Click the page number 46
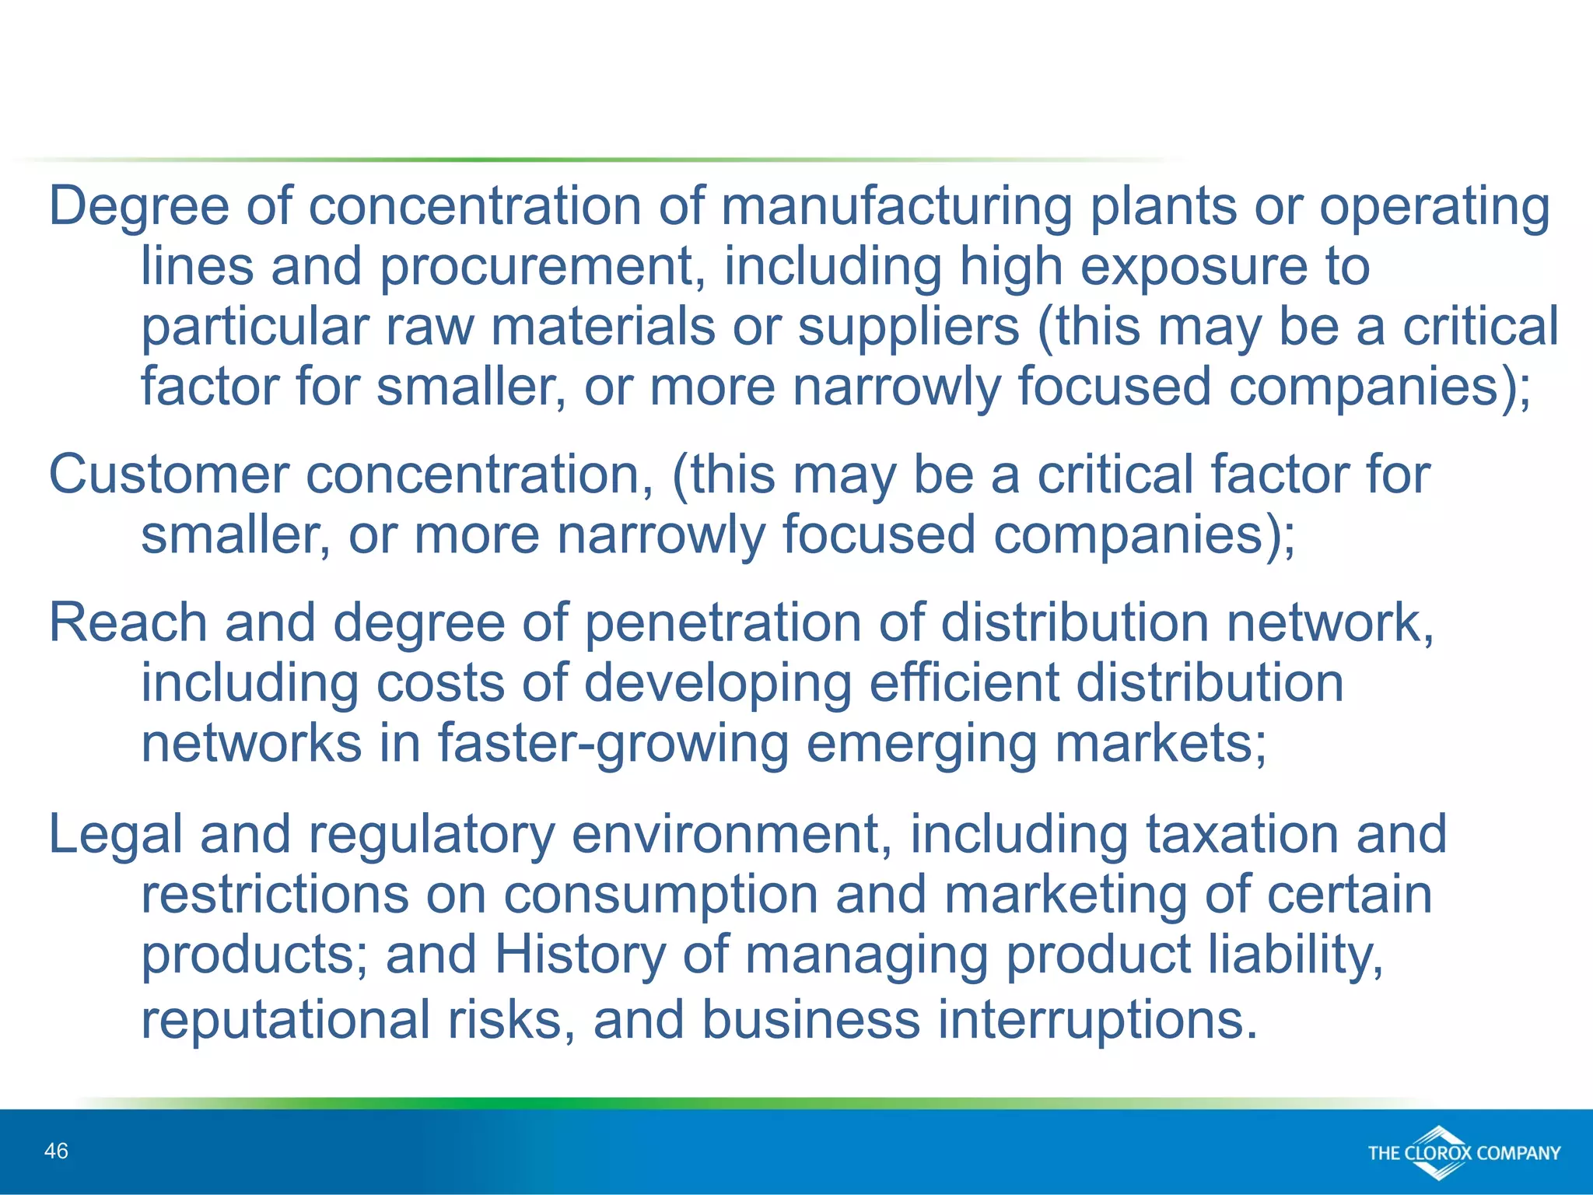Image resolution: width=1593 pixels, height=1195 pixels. tap(57, 1151)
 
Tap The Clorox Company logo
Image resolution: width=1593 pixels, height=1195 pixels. tap(1464, 1152)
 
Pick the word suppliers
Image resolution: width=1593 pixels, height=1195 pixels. tap(909, 327)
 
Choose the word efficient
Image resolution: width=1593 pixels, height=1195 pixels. tap(963, 683)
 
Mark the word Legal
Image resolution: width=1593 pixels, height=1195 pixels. tap(115, 834)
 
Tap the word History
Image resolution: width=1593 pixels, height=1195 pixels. tap(579, 955)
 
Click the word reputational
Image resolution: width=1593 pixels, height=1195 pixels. tap(285, 1020)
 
